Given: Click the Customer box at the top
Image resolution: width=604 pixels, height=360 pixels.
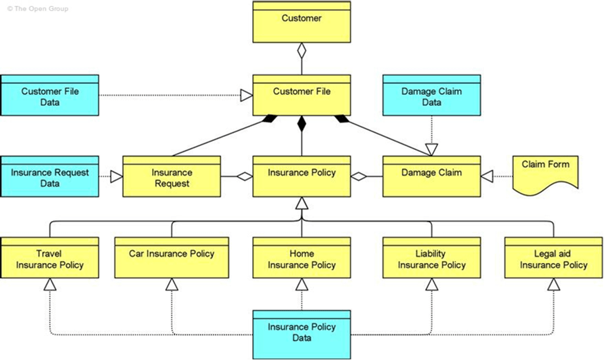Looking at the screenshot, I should (x=302, y=22).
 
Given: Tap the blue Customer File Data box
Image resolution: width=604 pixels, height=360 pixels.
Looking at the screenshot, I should (x=50, y=96).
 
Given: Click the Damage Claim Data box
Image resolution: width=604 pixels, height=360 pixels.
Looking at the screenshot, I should (x=431, y=96).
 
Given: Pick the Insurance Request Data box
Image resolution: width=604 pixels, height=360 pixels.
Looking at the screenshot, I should (x=50, y=177).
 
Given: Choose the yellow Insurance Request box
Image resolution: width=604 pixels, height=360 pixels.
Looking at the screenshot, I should (x=171, y=177).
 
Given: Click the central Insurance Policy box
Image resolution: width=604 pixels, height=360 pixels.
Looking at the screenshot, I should (x=302, y=177).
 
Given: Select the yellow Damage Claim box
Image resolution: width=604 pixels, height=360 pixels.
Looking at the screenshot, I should (x=431, y=177).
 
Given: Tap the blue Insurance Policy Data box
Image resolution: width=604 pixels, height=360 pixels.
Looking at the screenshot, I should (x=302, y=335).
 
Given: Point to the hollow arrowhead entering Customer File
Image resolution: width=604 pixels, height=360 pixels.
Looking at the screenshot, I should (x=246, y=96).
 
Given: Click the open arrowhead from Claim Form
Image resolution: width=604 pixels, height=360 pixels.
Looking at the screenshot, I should (x=487, y=177).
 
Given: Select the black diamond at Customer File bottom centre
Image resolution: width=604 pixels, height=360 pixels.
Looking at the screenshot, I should (x=302, y=123).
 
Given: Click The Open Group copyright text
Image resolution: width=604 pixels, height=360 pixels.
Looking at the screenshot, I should (x=38, y=8).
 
